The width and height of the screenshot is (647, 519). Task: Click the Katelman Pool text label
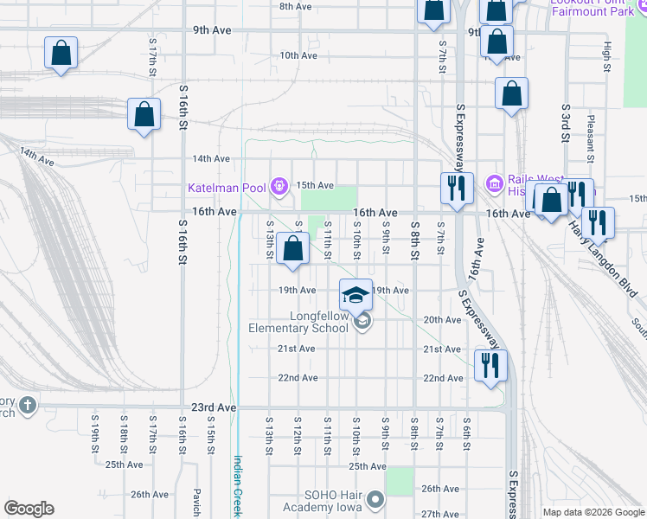[228, 187]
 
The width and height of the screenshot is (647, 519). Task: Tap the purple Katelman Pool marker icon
[279, 186]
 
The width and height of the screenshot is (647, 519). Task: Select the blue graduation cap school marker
[355, 297]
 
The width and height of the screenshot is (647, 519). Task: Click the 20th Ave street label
[442, 319]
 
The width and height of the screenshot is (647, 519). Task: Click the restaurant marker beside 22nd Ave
[489, 365]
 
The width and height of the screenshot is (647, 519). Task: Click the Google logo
[29, 509]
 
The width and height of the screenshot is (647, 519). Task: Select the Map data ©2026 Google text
[594, 512]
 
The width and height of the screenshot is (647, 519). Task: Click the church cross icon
[28, 405]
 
